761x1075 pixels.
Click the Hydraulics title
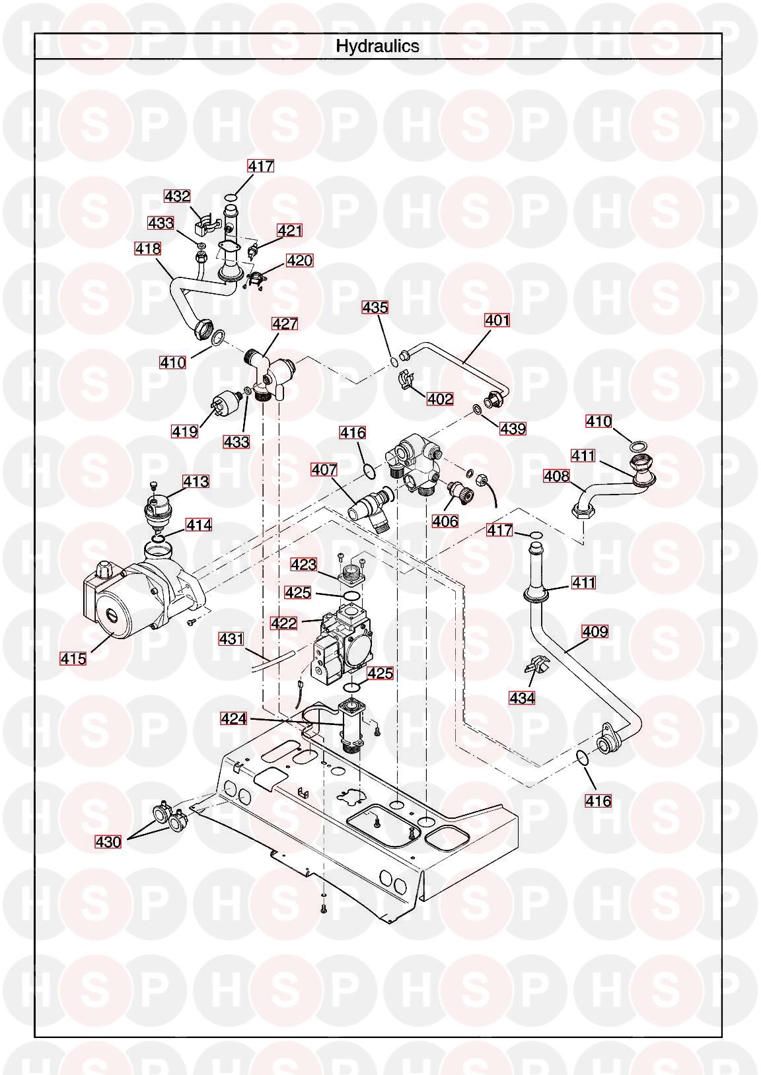point(377,46)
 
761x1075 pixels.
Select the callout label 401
point(497,320)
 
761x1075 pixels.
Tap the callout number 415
point(73,658)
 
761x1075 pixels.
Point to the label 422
point(284,623)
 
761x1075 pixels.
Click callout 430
point(108,842)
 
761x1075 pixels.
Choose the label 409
point(595,631)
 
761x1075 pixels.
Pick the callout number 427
point(285,324)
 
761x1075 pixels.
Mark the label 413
point(196,481)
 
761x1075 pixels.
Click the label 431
point(231,639)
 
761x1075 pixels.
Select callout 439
point(513,429)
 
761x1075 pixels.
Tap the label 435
point(375,307)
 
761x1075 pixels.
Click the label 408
point(556,475)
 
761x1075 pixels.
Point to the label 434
point(522,697)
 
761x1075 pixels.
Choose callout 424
point(233,718)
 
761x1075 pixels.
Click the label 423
point(304,565)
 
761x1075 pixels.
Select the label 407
point(324,469)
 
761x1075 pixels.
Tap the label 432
point(177,196)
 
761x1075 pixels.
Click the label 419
point(184,431)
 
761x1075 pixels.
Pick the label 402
point(440,399)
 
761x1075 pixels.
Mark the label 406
point(445,521)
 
